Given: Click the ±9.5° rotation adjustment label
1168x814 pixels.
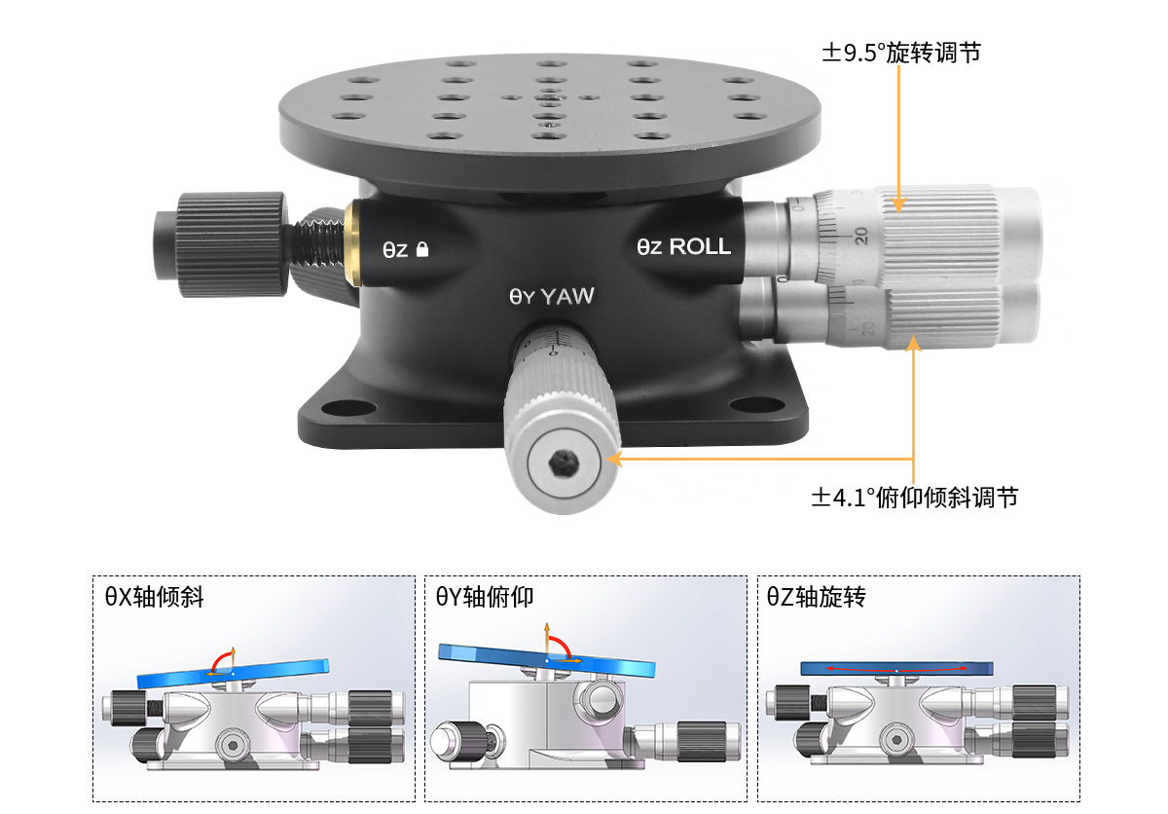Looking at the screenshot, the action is tap(901, 53).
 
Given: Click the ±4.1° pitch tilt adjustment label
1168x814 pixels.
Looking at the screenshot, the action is tap(915, 498).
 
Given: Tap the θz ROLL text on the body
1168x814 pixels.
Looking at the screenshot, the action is tap(683, 246).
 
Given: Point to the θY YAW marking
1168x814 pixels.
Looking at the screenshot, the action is tap(552, 296).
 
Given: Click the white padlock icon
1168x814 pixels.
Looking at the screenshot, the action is tap(422, 249).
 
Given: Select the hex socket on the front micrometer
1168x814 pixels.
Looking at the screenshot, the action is tap(564, 463).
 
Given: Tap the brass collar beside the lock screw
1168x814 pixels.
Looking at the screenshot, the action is tap(352, 243).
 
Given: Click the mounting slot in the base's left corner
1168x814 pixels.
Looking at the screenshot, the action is tap(347, 407).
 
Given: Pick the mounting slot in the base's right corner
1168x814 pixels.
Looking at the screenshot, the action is tap(756, 404).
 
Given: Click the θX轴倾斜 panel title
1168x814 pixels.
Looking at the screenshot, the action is tap(155, 597).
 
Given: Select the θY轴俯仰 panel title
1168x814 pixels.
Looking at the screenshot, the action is tap(485, 597).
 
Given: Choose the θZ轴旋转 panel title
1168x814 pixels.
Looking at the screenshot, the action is tap(816, 597).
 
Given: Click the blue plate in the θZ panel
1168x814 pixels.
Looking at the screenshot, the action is tap(896, 669).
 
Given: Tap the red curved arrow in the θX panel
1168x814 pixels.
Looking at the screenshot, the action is tap(219, 659).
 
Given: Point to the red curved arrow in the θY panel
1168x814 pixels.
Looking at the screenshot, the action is tap(563, 646).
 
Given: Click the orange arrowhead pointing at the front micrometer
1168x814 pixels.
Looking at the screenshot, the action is tap(615, 460).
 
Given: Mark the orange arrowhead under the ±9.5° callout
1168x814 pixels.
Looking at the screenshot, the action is tap(898, 204).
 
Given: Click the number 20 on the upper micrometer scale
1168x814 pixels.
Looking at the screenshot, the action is tap(861, 236).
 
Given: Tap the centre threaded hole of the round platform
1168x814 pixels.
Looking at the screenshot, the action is tap(550, 97).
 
